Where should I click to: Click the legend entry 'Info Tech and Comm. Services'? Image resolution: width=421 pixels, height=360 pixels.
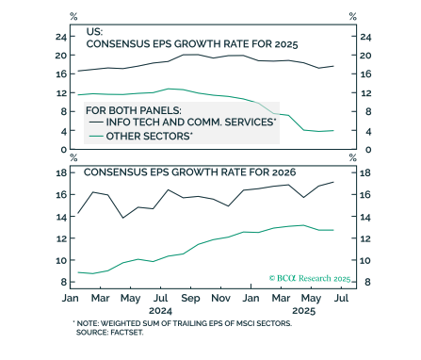point(191,123)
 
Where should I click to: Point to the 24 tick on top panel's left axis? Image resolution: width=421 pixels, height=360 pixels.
point(60,37)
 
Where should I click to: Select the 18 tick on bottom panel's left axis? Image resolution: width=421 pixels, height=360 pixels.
point(60,173)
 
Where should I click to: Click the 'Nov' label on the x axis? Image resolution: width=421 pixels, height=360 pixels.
point(219,297)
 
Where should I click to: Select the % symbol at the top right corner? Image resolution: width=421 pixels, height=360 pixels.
point(352,17)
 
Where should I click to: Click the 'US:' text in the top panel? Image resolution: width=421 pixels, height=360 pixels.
point(94,31)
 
